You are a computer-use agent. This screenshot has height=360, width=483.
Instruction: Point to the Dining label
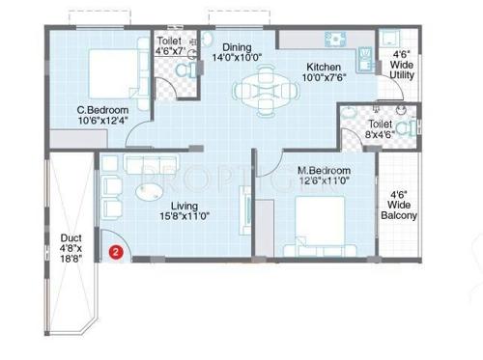pyautogui.click(x=238, y=46)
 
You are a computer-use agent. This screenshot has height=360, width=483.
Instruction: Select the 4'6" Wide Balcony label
pyautogui.click(x=400, y=206)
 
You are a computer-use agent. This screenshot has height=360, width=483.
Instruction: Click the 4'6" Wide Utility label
pyautogui.click(x=400, y=66)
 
